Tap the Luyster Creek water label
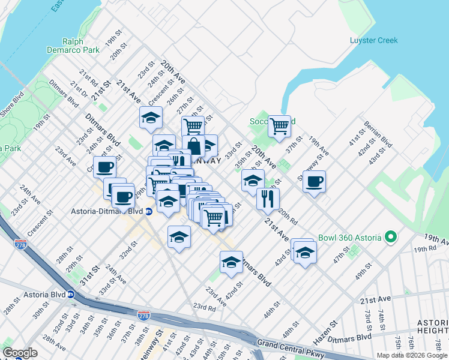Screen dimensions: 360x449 pos(373,41)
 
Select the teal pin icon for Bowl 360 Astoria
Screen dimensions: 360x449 pos(391,237)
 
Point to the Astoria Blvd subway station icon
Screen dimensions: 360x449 pos(71,295)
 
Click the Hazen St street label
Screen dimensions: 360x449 pos(325,331)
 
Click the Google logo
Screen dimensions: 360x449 pos(20,352)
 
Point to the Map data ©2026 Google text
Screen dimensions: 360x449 pos(411,355)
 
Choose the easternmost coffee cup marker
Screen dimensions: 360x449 pos(315,181)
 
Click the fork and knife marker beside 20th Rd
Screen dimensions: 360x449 pos(268,199)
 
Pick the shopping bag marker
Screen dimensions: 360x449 pos(194,146)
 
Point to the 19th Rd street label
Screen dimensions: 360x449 pos(424,248)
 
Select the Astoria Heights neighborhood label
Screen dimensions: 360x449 pos(433,326)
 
